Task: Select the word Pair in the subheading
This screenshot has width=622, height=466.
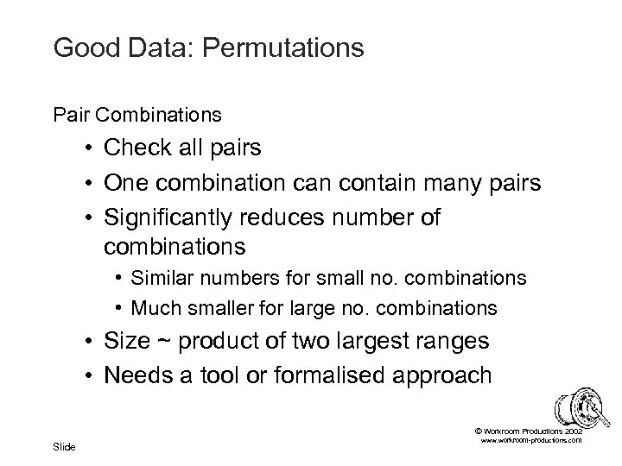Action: tap(68, 114)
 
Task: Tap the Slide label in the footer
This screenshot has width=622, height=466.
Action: tap(65, 446)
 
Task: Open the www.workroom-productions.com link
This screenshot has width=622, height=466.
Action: tap(531, 441)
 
